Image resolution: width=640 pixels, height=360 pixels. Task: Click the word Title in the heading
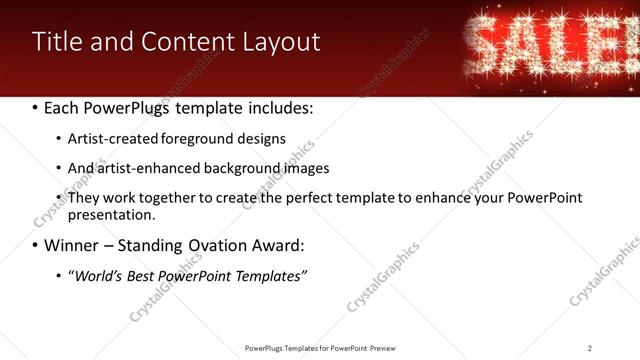tap(57, 42)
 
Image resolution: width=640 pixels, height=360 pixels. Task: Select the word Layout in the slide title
tap(282, 42)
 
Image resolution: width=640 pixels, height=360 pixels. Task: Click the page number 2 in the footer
tap(590, 348)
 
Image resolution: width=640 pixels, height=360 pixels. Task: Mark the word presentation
tap(110, 214)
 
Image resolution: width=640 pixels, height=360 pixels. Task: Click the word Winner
tap(72, 245)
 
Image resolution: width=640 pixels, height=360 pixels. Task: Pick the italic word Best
tap(148, 275)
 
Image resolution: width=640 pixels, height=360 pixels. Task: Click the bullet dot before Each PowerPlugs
tap(36, 107)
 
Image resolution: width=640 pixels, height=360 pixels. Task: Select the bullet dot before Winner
tap(36, 246)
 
